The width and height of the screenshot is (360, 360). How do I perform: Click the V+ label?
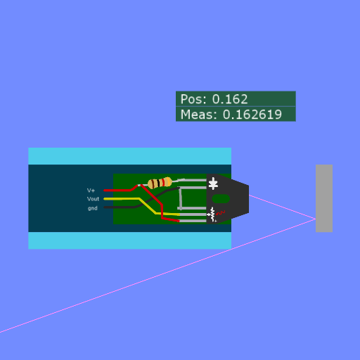[x=91, y=191]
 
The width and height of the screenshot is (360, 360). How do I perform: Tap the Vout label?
[x=93, y=199]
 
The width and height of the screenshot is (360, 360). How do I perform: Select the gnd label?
[x=93, y=208]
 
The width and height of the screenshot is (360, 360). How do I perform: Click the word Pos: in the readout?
[x=193, y=99]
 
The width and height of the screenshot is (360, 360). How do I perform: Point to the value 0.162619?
[x=252, y=115]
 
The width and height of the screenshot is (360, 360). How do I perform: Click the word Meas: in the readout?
[x=199, y=115]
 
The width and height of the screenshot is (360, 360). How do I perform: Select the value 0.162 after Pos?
[x=230, y=99]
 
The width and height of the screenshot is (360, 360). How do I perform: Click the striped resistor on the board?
[x=160, y=183]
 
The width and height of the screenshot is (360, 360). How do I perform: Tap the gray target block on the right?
[x=324, y=198]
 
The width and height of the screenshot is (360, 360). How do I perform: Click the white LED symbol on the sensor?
[x=213, y=184]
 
